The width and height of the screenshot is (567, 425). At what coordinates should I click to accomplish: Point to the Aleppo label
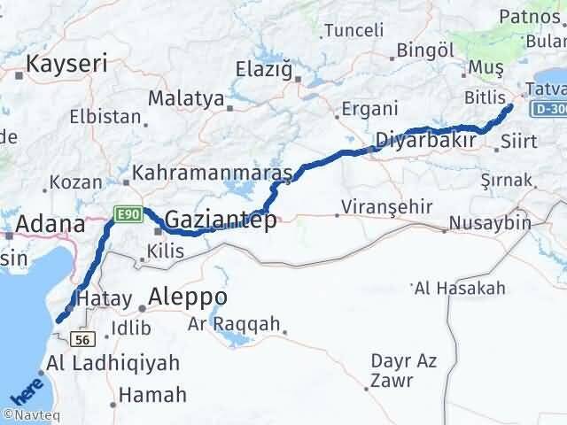[188, 296]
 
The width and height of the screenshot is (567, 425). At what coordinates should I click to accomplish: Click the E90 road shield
[125, 212]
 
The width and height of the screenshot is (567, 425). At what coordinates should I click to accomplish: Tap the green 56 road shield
[84, 338]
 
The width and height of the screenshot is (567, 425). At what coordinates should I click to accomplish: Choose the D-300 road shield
[550, 107]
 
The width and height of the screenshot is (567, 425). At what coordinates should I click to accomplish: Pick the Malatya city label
[185, 97]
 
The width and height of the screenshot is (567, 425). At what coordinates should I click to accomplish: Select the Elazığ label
[265, 68]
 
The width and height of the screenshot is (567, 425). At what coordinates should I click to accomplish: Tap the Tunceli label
[353, 30]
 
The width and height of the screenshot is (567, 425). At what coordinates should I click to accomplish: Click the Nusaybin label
[489, 222]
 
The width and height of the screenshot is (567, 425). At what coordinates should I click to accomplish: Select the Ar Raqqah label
[234, 323]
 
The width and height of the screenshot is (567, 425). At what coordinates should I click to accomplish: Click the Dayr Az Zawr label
[402, 369]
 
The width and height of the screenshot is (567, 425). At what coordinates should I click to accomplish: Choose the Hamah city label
[151, 395]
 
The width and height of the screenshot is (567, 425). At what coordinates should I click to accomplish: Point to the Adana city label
[45, 223]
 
